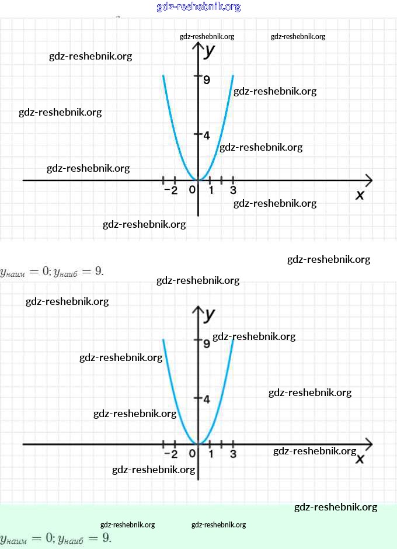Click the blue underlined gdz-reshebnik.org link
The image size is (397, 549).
[x=198, y=7]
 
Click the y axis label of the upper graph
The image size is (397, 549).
[x=210, y=50]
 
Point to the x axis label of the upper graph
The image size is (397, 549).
[x=360, y=194]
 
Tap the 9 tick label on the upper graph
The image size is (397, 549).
[x=207, y=80]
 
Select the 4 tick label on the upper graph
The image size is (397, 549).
[x=206, y=135]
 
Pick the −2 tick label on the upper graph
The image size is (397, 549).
[x=170, y=190]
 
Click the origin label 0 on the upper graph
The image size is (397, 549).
[x=192, y=190]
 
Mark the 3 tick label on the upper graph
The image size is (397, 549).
[x=233, y=190]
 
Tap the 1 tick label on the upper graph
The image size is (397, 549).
[x=211, y=190]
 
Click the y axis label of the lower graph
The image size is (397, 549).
[x=210, y=314]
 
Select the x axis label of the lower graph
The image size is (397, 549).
[x=360, y=458]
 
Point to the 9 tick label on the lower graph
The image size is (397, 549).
[x=207, y=344]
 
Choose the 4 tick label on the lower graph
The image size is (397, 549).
[x=206, y=399]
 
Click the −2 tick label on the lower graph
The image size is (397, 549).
[x=170, y=454]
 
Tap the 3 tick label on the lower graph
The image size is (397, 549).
[x=233, y=454]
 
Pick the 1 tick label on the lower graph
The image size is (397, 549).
[x=211, y=454]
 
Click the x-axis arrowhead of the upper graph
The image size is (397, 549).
[x=368, y=180]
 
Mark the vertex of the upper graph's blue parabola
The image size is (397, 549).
[x=198, y=180]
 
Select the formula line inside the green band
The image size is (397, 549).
[x=55, y=538]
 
